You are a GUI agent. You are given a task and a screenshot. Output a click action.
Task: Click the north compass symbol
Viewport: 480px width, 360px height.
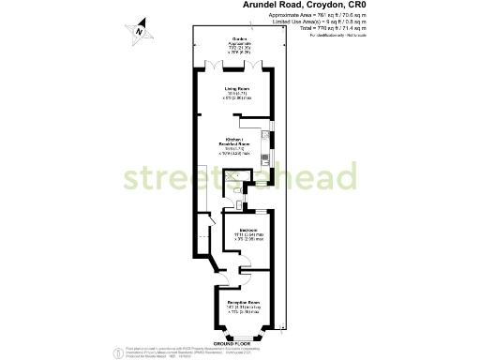[x=140, y=31]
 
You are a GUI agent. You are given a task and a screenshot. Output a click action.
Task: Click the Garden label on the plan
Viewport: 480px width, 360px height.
[x=240, y=38]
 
